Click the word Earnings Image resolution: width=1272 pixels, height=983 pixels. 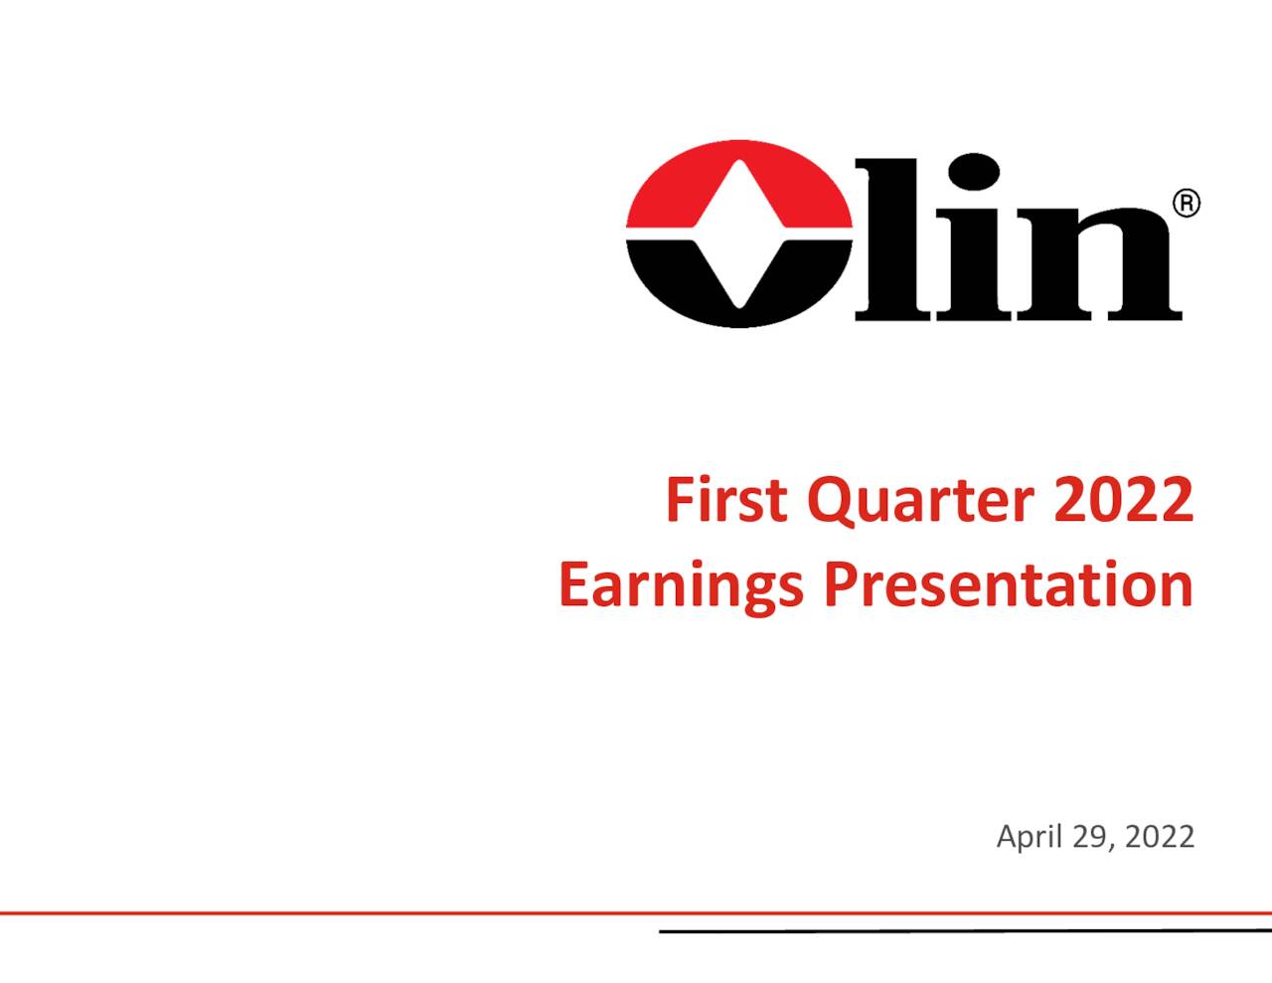click(681, 585)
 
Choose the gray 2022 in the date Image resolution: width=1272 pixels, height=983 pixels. click(1161, 837)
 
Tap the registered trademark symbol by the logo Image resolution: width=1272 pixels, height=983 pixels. click(1187, 204)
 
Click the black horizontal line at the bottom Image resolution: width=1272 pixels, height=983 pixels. click(964, 931)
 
